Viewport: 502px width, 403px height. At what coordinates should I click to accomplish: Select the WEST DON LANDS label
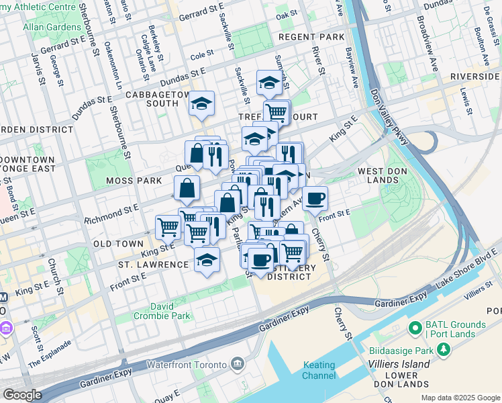point(389,172)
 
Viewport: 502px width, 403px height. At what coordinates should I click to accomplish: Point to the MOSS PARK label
point(134,181)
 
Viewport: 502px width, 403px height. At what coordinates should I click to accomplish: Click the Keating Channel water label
point(319,370)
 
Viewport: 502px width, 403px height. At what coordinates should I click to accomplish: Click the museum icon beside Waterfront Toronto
point(237,364)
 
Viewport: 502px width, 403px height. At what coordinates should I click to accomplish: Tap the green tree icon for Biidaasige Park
point(443,349)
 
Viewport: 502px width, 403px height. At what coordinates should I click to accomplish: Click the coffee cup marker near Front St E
point(315,198)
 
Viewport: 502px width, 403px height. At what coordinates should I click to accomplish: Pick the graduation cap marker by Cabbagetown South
point(201,103)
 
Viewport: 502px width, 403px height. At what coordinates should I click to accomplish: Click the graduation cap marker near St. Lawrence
point(207,259)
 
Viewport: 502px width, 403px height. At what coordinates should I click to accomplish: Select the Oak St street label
point(286,14)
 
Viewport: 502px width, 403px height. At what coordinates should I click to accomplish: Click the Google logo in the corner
point(23,395)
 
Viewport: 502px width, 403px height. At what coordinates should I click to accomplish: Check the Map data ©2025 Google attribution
point(460,398)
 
